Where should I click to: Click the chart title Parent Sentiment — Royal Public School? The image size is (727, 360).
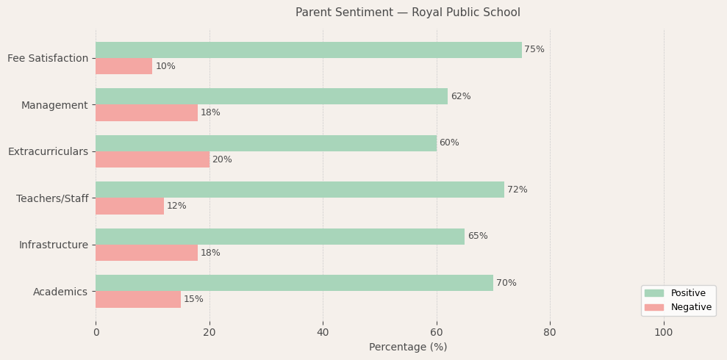407,12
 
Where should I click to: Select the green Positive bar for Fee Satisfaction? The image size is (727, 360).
308,50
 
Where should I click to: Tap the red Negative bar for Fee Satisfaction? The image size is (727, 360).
123,66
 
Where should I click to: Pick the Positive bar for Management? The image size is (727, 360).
271,96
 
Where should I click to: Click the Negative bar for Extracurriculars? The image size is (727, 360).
152,159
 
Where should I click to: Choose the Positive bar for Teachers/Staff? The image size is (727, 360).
299,190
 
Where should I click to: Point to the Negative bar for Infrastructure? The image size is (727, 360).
146,253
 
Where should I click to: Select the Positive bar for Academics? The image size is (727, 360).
294,283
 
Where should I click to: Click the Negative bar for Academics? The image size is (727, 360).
138,299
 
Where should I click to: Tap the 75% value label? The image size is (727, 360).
534,50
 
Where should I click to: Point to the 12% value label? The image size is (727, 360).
176,206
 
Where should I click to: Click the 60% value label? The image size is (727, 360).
449,143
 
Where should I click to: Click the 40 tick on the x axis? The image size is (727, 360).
323,333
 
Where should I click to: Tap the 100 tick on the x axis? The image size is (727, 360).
664,333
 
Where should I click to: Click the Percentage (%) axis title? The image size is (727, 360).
407,348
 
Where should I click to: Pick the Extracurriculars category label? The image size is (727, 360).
48,151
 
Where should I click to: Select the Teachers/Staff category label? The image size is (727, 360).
52,198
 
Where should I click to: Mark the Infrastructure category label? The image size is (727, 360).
53,245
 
